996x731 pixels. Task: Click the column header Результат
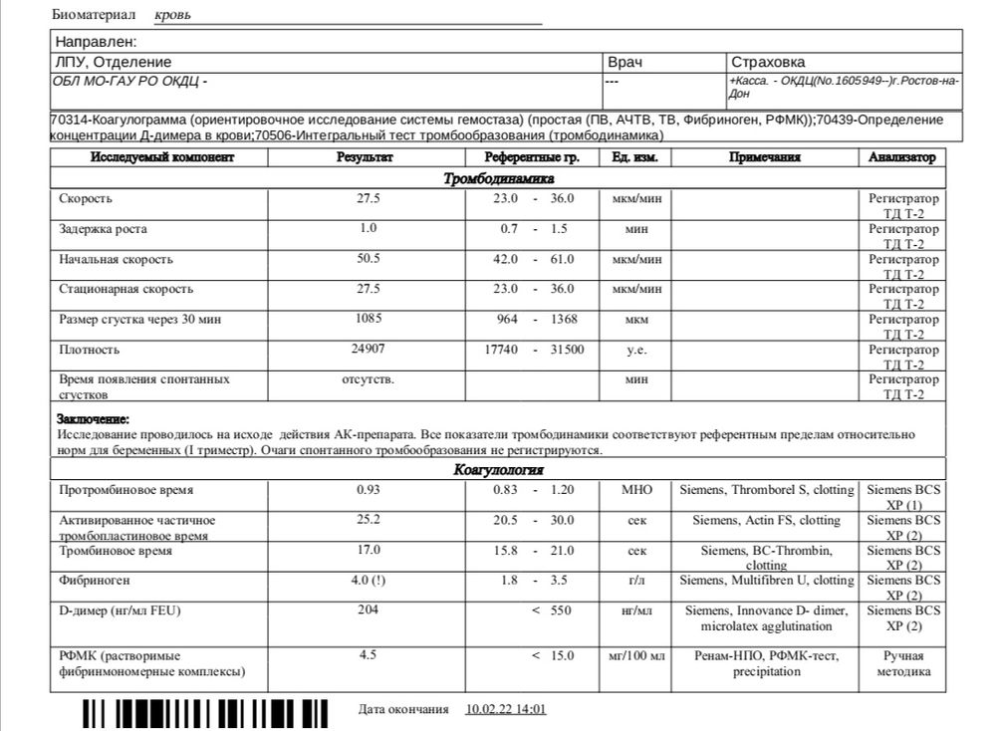[x=366, y=157]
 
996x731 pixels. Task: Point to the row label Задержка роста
[x=103, y=229]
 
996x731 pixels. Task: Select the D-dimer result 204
[x=369, y=609]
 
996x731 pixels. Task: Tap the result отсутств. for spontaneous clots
[x=368, y=379]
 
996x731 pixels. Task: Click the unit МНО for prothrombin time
[x=636, y=491]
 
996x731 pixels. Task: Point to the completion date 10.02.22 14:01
[x=506, y=709]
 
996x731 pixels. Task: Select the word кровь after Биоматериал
[x=174, y=16]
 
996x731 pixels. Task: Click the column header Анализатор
[x=902, y=157]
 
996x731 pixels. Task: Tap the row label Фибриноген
[x=95, y=580]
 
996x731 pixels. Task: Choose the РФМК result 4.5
[x=368, y=655]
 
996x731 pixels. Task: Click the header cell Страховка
[x=768, y=62]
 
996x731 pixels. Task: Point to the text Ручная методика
[x=902, y=663]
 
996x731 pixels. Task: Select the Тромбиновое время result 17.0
[x=369, y=550]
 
